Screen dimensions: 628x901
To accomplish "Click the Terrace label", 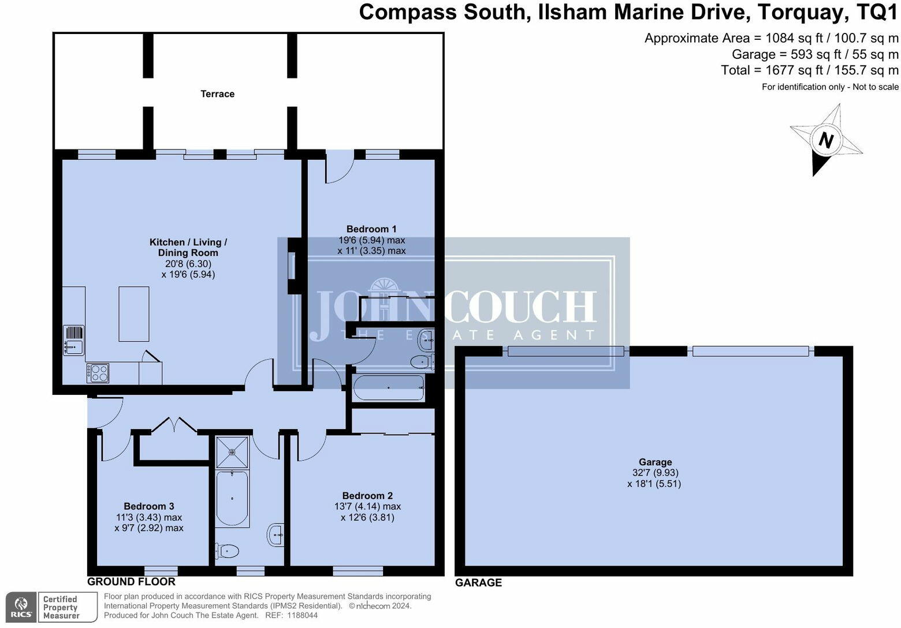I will (x=217, y=94).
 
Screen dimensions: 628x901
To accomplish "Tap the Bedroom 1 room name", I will (x=371, y=229).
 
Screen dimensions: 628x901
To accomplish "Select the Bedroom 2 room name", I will (x=367, y=496).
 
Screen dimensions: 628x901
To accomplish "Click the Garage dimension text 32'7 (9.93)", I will (x=655, y=473).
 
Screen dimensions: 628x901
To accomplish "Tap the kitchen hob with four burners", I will (x=98, y=372).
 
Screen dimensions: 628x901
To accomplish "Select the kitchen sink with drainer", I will (x=74, y=341).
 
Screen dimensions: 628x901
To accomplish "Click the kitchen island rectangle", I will (x=134, y=314).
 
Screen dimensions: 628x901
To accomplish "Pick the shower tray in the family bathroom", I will (x=232, y=452).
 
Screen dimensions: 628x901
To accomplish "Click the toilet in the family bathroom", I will (x=225, y=551).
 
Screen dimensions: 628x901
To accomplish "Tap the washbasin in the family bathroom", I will (x=277, y=534).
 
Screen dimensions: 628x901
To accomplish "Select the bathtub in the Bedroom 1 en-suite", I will (x=389, y=388).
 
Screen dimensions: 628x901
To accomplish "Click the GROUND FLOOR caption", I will (x=131, y=582).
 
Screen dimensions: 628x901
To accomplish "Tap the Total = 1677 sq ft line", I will (x=809, y=70).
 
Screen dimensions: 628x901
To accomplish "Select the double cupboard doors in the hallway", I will (x=174, y=425).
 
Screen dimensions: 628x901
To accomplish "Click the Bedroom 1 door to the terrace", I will (x=339, y=169).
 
